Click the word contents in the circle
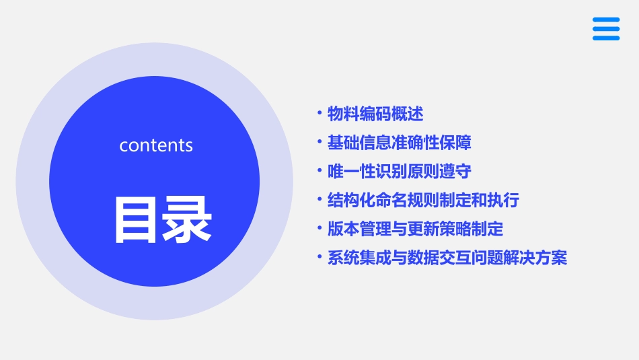click(156, 145)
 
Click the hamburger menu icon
click(606, 29)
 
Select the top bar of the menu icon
click(606, 20)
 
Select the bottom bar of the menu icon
click(606, 38)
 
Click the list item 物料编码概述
click(375, 114)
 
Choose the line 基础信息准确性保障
click(400, 143)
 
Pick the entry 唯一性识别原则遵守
click(400, 172)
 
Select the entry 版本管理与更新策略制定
click(415, 229)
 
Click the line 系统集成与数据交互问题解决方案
click(447, 258)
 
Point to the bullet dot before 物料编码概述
click(319, 113)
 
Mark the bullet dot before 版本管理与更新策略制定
click(319, 229)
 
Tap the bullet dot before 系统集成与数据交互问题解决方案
click(319, 258)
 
